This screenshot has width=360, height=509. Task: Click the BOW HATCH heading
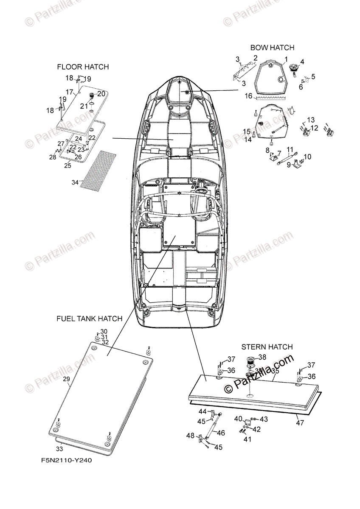pos(272,48)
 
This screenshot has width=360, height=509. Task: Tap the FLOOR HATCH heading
pos(83,67)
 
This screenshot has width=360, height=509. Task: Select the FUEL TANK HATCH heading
pos(89,318)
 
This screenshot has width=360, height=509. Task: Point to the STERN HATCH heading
pos(267,347)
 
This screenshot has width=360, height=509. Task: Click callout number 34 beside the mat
pos(75,182)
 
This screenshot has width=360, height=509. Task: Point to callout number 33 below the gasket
pos(60,448)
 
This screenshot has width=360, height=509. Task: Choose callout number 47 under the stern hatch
pos(300,422)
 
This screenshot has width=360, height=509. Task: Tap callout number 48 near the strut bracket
pos(190,435)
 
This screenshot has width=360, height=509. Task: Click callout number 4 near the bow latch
pos(302,62)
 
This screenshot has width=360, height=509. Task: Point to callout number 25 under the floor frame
pos(67,165)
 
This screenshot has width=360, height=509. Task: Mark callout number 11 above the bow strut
pos(290,149)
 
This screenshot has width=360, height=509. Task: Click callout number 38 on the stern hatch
pos(262,357)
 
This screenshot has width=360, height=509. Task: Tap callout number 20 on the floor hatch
pos(101,93)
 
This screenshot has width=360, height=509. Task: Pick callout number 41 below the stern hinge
pos(247,439)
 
